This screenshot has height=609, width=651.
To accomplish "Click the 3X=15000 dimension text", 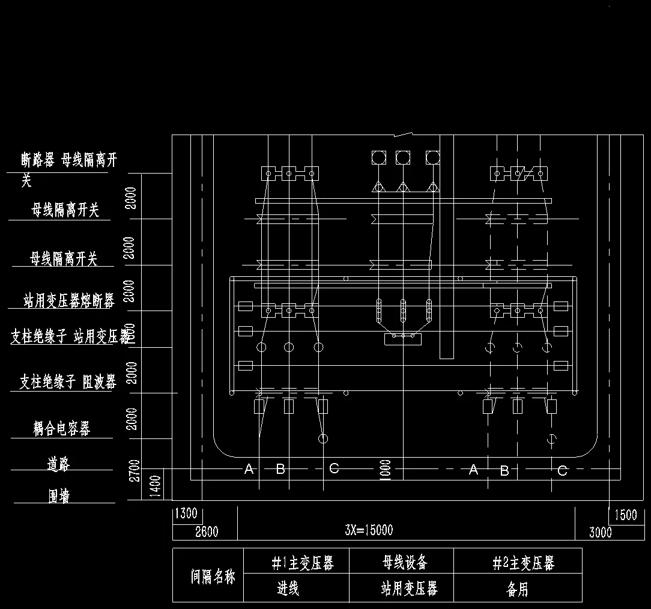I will [369, 530].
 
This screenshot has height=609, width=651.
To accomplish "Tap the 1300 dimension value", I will [186, 514].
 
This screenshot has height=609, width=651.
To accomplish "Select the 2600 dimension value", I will [206, 532].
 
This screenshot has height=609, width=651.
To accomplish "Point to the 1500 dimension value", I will [625, 515].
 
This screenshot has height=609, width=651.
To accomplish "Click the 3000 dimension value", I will [600, 532].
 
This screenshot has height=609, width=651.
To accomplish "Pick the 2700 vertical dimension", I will [135, 470].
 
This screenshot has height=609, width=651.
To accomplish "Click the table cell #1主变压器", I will [302, 563].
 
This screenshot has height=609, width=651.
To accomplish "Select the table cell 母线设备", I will [405, 563].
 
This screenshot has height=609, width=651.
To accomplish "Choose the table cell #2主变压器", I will [523, 563].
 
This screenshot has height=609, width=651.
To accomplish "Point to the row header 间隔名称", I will [213, 577].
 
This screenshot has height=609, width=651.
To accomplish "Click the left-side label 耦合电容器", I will [62, 428].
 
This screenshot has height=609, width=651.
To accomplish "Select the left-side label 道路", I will [59, 463].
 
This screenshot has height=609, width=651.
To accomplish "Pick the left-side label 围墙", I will [59, 495].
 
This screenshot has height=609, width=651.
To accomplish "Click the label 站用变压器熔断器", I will [68, 300].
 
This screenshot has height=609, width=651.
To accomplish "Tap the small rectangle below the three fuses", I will [402, 339].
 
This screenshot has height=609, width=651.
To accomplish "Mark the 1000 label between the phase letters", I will [386, 469].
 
